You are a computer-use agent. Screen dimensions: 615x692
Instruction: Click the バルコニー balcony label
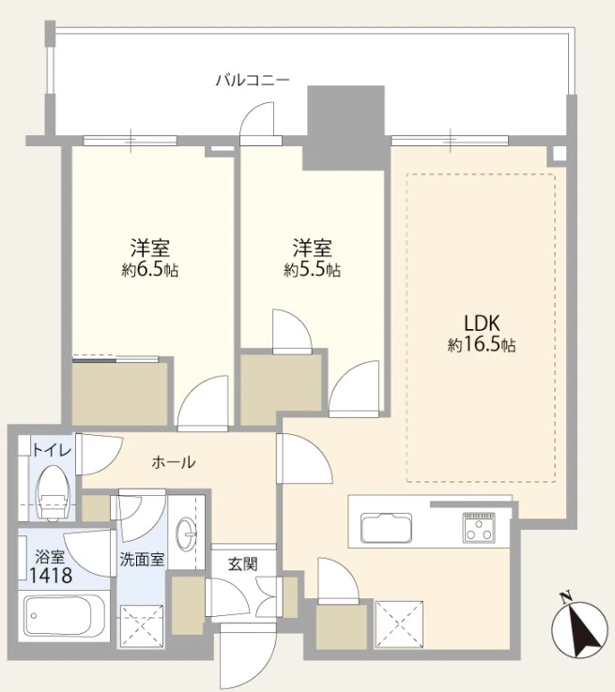point(253,81)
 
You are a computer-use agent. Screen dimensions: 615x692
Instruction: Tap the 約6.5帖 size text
point(150,270)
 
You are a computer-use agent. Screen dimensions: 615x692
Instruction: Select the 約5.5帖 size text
point(312,270)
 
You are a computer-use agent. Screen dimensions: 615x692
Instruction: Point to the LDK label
point(482,323)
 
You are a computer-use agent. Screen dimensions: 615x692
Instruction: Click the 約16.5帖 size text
point(482,345)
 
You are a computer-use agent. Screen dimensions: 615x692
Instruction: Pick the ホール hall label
point(173,462)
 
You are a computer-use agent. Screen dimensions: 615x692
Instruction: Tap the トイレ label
point(52,450)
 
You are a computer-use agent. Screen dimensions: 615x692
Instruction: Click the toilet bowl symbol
point(54,493)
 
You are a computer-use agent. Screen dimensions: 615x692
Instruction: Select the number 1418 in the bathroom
point(51,576)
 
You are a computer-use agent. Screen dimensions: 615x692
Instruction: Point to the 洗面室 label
point(142,560)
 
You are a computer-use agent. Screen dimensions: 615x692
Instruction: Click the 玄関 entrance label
point(243,564)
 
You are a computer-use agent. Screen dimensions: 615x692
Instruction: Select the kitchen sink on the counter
point(387,528)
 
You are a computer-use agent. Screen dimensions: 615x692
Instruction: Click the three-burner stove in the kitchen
point(479,527)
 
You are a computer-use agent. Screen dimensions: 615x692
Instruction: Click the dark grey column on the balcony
point(346,128)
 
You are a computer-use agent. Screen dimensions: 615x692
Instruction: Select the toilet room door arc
point(100,454)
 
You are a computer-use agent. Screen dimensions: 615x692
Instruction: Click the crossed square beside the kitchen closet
point(398,624)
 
